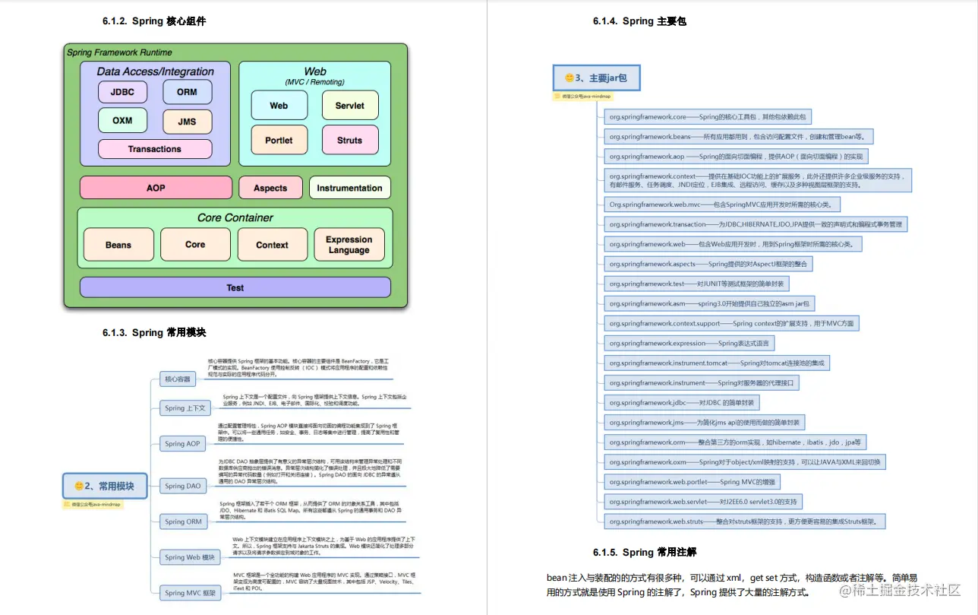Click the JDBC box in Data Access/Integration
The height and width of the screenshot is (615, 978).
click(123, 92)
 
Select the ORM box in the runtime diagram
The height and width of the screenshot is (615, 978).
click(188, 92)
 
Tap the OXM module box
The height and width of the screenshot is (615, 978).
click(123, 120)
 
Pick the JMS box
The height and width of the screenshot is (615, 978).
click(188, 121)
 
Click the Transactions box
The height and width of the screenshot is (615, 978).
click(155, 149)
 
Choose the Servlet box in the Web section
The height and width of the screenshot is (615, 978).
click(349, 106)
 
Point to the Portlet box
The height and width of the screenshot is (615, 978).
click(279, 140)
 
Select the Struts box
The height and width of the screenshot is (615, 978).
click(349, 140)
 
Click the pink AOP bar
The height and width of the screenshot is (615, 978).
click(156, 188)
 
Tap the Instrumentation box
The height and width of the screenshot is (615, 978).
click(349, 188)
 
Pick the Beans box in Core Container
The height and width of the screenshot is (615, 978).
click(118, 245)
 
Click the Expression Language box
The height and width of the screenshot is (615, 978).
click(349, 245)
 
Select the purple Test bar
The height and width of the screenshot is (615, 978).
click(235, 287)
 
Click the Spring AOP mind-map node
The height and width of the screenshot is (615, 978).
click(182, 444)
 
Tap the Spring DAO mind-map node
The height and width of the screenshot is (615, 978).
click(183, 486)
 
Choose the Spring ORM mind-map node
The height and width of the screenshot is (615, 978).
click(183, 521)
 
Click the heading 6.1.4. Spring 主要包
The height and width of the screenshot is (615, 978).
click(639, 21)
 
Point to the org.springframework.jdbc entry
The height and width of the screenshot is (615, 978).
click(681, 403)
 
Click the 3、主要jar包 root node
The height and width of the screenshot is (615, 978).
click(595, 78)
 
